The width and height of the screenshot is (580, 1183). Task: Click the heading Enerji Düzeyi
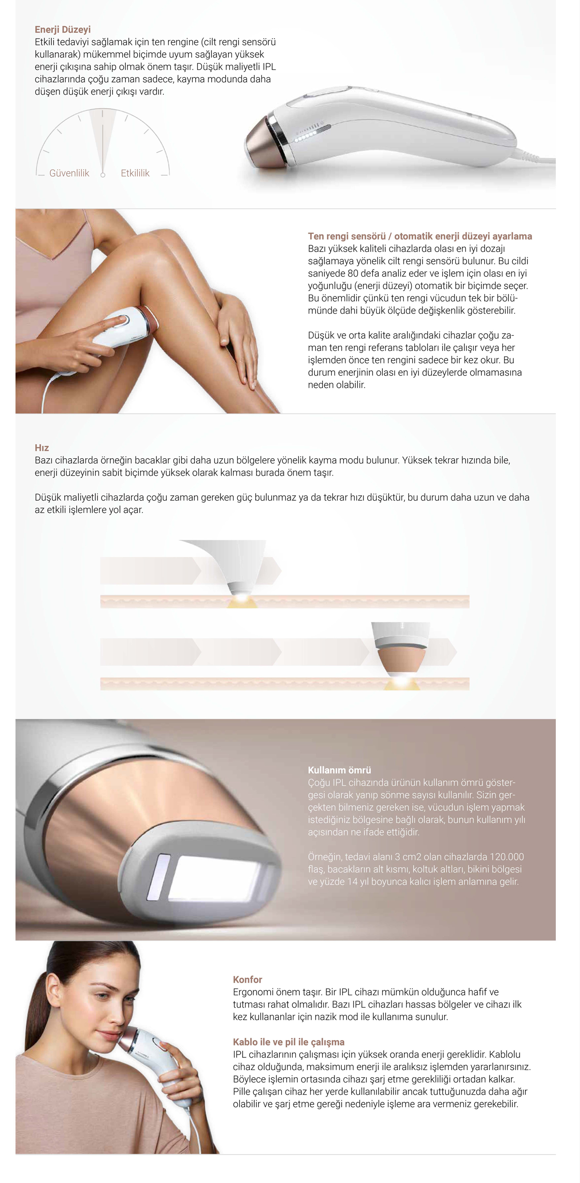63,29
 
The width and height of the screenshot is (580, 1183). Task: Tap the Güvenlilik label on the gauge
69,173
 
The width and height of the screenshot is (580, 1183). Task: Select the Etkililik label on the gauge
135,173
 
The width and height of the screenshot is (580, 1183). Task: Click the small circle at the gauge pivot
102,175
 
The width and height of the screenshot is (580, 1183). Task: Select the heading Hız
42,448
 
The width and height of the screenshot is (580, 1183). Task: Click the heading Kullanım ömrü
339,770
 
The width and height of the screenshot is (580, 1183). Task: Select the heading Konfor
247,979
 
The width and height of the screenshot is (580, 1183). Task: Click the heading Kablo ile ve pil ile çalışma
289,1042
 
